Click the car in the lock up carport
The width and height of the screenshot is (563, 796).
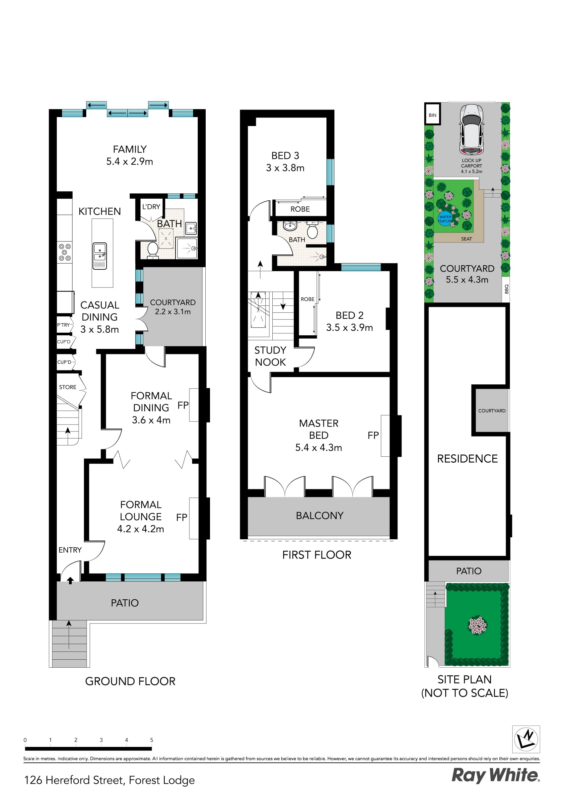click(x=471, y=129)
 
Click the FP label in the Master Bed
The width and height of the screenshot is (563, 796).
click(x=373, y=435)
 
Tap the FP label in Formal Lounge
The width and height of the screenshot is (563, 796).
click(x=181, y=517)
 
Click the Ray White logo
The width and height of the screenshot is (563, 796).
click(x=495, y=775)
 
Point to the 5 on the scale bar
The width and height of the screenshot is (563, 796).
click(x=152, y=740)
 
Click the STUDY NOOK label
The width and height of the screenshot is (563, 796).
click(x=270, y=356)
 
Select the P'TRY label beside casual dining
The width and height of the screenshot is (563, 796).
click(x=63, y=325)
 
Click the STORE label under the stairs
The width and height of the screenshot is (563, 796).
click(x=67, y=387)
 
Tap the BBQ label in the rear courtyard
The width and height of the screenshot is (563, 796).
click(x=506, y=289)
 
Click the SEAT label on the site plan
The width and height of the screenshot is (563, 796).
click(x=466, y=239)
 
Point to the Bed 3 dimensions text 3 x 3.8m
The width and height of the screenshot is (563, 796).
click(x=285, y=168)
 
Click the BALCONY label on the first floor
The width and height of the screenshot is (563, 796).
click(x=319, y=515)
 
